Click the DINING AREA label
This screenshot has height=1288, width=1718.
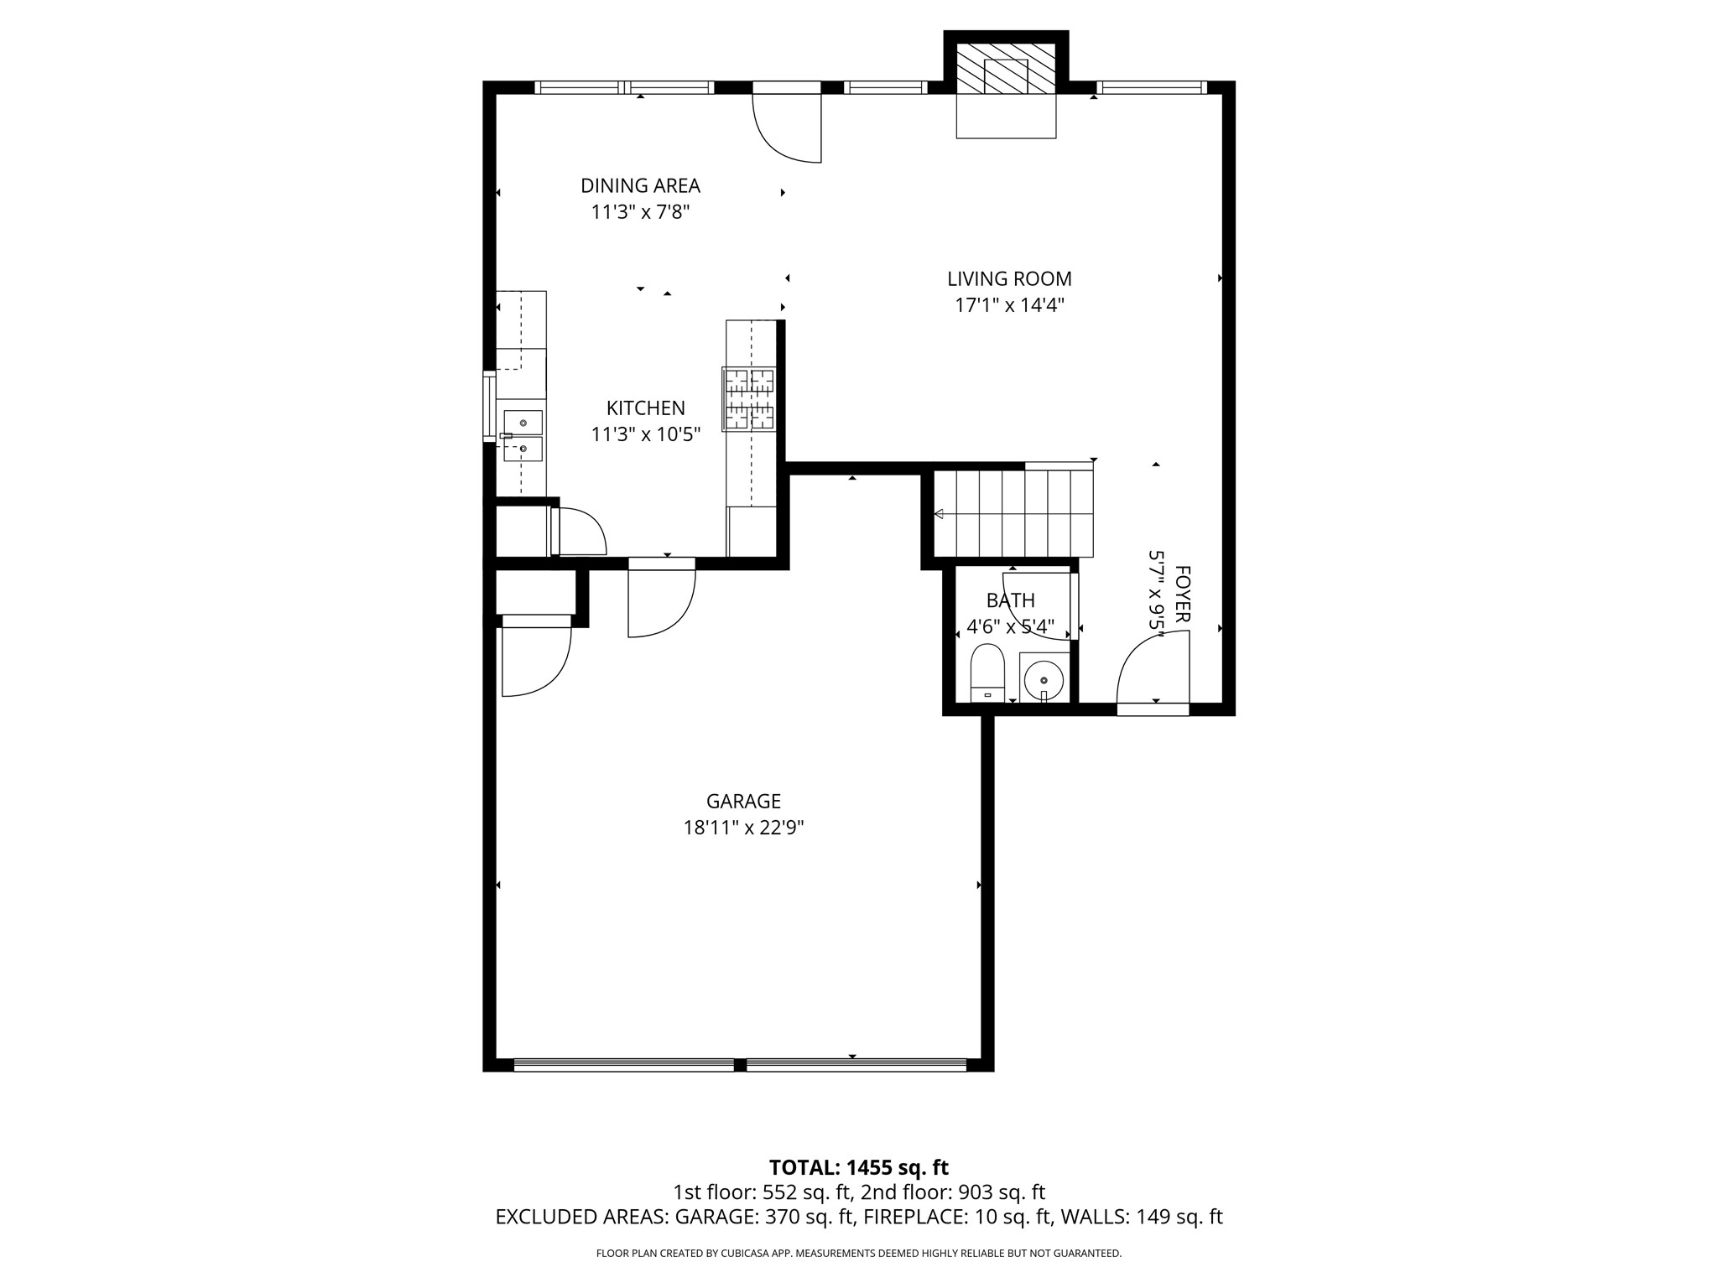pos(640,185)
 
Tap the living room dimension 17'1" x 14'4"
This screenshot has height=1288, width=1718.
pos(1009,305)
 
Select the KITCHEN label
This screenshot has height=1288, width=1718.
pos(645,408)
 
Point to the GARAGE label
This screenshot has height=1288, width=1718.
pos(743,801)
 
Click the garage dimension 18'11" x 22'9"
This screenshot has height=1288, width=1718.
pos(743,828)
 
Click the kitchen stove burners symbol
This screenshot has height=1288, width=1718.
pos(749,399)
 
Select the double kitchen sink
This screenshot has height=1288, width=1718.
pos(523,436)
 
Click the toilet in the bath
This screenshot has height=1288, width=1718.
pos(987,671)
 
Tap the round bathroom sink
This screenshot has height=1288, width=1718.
pos(1044,678)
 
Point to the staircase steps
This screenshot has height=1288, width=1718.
pos(1013,513)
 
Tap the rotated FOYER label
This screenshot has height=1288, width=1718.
pos(1182,594)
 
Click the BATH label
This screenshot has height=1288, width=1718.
pos(1010,600)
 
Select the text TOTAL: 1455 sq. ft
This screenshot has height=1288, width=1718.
pos(858,1167)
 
